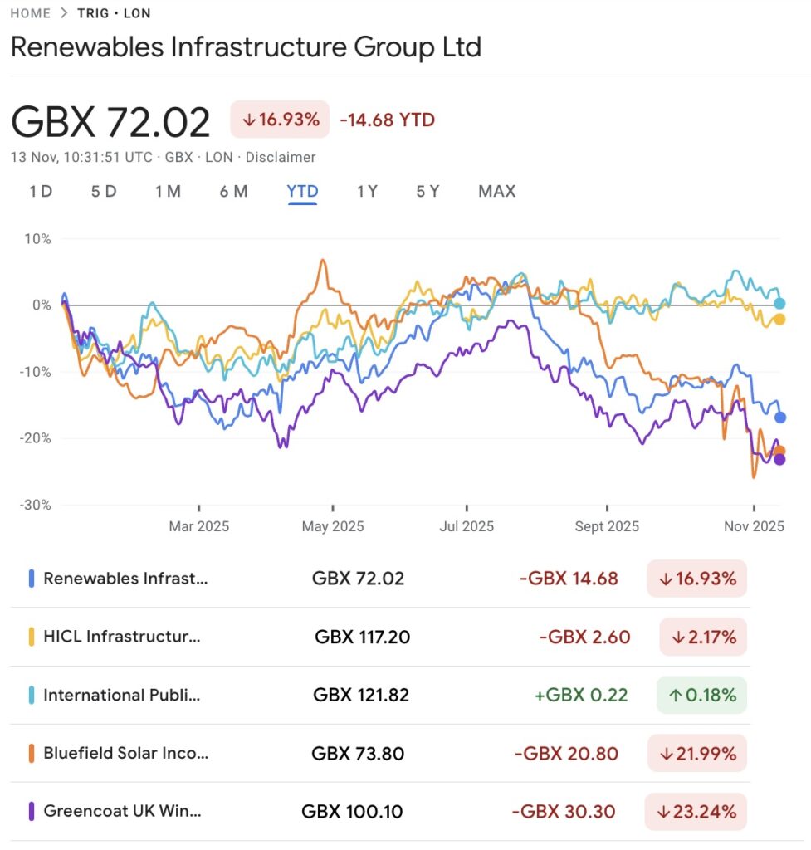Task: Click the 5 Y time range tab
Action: (x=427, y=191)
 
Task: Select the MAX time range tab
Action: (x=496, y=191)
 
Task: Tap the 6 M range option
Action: (x=233, y=191)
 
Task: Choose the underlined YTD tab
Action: (x=302, y=191)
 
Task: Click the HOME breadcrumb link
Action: (x=31, y=13)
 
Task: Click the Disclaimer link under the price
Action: (x=281, y=157)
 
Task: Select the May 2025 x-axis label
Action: (x=333, y=526)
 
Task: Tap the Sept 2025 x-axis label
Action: (x=607, y=526)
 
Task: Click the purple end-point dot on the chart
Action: (x=779, y=459)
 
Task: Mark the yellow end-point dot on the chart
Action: (x=779, y=320)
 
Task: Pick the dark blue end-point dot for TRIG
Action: (x=779, y=417)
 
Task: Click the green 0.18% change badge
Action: (x=701, y=695)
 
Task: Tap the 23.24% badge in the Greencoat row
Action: (x=696, y=811)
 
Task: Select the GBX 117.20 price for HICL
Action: (x=362, y=637)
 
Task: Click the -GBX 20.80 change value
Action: (x=566, y=753)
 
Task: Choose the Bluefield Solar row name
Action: (x=125, y=753)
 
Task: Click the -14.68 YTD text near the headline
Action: (x=387, y=120)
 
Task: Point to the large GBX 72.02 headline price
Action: (x=110, y=123)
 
